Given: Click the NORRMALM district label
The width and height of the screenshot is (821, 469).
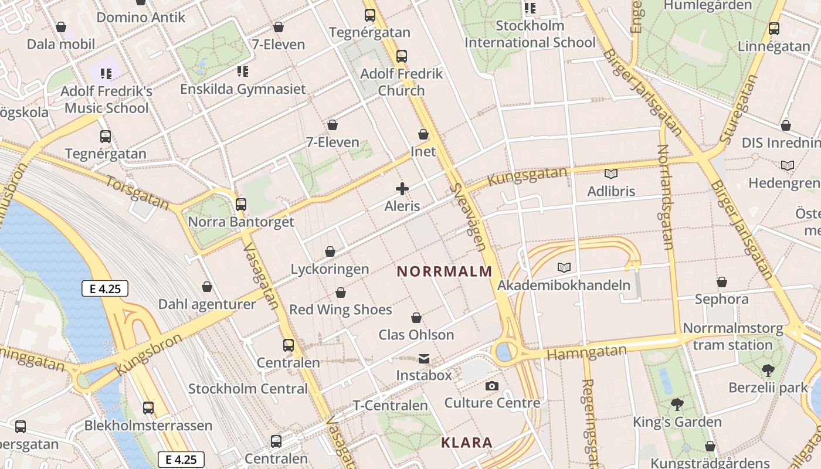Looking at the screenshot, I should pyautogui.click(x=444, y=271).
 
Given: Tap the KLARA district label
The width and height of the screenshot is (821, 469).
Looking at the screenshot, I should pyautogui.click(x=467, y=443).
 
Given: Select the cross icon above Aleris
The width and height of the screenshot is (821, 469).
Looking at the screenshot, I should pyautogui.click(x=402, y=189).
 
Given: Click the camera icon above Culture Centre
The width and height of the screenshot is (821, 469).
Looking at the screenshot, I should pyautogui.click(x=491, y=386).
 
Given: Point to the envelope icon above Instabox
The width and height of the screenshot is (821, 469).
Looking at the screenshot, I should pyautogui.click(x=423, y=358).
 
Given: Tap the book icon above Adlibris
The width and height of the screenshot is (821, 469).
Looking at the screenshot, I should pyautogui.click(x=611, y=174).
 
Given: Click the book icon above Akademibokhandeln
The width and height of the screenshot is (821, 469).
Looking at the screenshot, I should pyautogui.click(x=564, y=268).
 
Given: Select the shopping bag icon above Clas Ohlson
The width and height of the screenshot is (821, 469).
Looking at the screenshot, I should pyautogui.click(x=416, y=318).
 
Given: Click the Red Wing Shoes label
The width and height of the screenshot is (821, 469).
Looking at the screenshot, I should pyautogui.click(x=340, y=310).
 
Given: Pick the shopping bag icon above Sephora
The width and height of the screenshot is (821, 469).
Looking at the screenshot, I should pyautogui.click(x=722, y=282).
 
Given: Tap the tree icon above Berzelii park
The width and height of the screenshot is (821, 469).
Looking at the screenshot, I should pyautogui.click(x=768, y=371).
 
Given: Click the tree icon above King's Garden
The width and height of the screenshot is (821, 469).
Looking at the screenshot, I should pyautogui.click(x=677, y=405).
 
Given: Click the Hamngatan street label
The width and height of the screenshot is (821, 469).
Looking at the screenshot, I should pyautogui.click(x=586, y=353).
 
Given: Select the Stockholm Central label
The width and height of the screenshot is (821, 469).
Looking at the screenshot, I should pyautogui.click(x=247, y=389).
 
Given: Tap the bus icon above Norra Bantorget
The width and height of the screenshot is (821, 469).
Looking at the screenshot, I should pyautogui.click(x=240, y=205).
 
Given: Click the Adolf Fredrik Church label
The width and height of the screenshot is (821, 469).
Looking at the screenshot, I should pyautogui.click(x=401, y=82).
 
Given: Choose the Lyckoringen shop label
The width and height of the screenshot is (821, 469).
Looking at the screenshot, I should pyautogui.click(x=330, y=269).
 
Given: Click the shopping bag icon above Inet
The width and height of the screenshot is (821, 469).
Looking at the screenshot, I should pyautogui.click(x=423, y=134).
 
